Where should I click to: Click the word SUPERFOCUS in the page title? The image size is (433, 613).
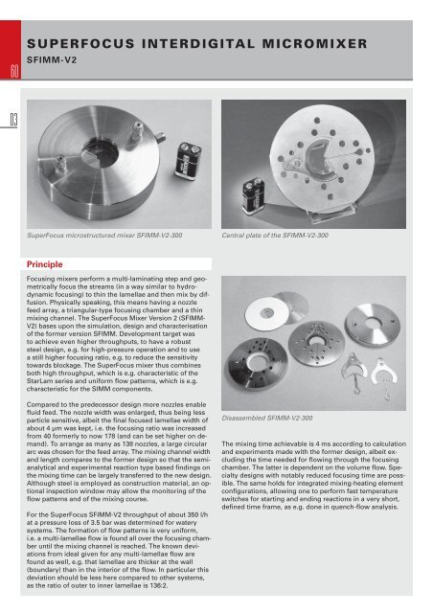[x=80, y=43]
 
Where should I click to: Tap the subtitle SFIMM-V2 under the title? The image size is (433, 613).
[x=52, y=60]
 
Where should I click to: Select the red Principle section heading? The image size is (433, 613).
[x=45, y=264]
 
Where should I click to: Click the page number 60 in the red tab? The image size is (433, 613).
[x=14, y=72]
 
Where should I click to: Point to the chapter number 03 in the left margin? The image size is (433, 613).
[x=13, y=120]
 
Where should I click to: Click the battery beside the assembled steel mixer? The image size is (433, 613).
[x=188, y=160]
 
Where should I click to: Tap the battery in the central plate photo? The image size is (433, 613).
[x=253, y=195]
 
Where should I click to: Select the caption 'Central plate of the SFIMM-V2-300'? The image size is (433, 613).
[x=275, y=236]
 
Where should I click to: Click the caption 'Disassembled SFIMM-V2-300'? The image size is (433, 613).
[x=267, y=418]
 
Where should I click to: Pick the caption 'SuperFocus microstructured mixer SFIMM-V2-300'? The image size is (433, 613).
[x=104, y=236]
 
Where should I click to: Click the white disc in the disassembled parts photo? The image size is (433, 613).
[x=267, y=313]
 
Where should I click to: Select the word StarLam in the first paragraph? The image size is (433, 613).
[x=38, y=381]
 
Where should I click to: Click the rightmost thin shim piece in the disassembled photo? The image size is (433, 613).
[x=384, y=376]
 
